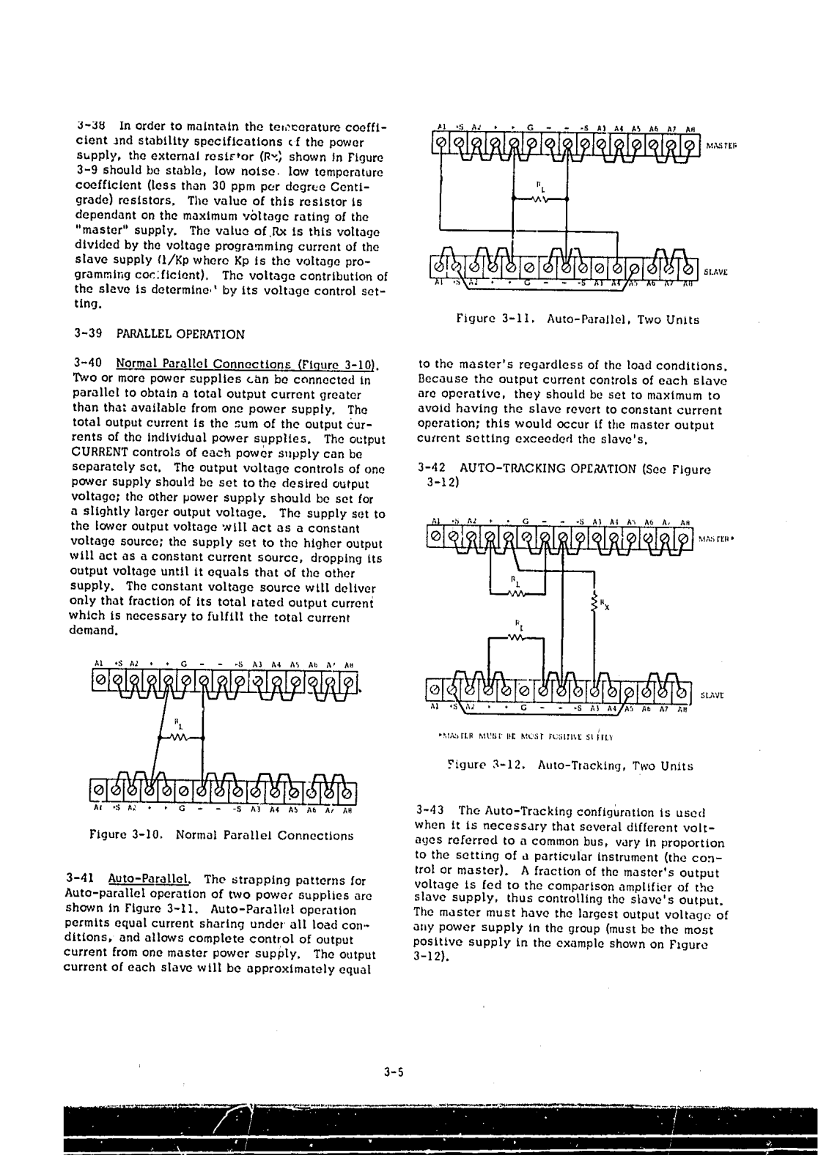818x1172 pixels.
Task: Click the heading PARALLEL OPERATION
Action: pos(180,334)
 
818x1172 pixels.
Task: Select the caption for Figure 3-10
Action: pos(221,835)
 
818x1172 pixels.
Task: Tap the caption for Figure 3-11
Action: pos(578,319)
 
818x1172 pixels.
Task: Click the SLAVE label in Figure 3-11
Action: pos(717,270)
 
